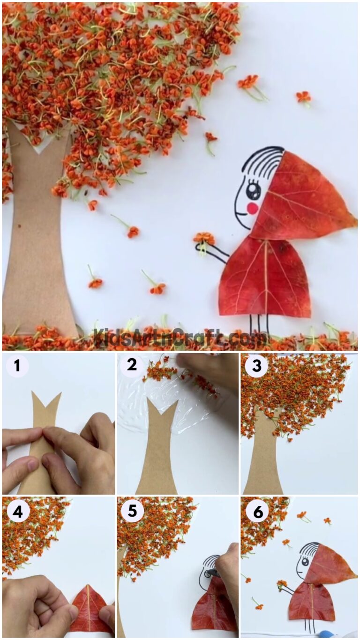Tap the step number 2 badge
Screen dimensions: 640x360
click(x=132, y=365)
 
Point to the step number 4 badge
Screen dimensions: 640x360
click(x=17, y=512)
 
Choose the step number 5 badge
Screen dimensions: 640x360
click(x=132, y=511)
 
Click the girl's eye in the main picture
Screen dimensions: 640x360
click(x=253, y=190)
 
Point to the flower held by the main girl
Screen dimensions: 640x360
click(x=204, y=239)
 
